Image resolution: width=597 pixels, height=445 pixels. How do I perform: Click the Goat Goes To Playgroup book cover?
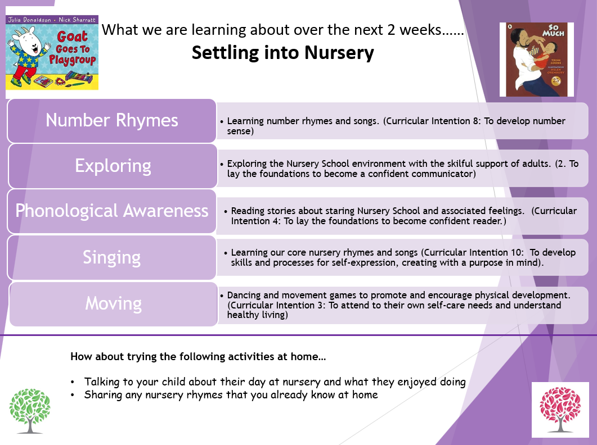(52, 52)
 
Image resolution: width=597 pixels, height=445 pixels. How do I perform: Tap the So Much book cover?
(536, 60)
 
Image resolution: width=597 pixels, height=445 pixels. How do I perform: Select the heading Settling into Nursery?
(283, 52)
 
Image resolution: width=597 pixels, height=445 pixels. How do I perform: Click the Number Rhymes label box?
(112, 121)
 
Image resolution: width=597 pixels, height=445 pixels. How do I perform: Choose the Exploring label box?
(113, 166)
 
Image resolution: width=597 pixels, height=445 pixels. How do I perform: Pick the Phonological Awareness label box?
(112, 211)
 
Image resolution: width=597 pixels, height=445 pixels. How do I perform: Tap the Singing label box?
(112, 258)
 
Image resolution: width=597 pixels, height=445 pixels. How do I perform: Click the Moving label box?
(114, 304)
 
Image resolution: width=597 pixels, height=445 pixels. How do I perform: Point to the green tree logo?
(30, 411)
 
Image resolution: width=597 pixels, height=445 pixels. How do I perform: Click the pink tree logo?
(560, 410)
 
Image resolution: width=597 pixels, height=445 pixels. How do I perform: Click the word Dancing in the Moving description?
(244, 296)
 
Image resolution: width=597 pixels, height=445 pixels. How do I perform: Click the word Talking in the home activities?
(101, 382)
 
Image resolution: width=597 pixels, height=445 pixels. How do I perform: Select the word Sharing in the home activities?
(103, 395)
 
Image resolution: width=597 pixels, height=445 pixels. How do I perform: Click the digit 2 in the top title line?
(392, 30)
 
